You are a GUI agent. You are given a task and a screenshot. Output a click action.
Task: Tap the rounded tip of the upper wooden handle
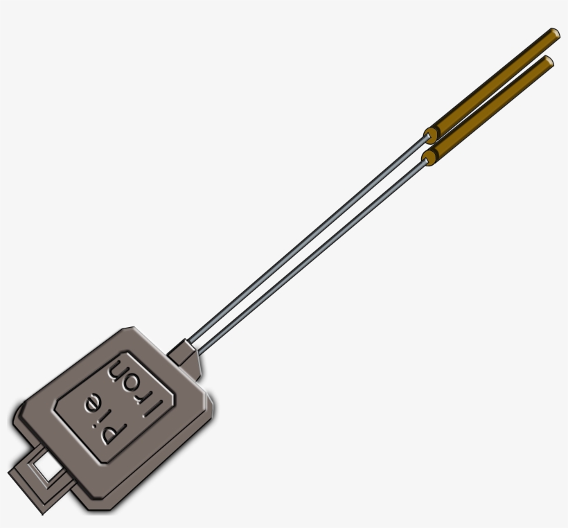coord(555,33)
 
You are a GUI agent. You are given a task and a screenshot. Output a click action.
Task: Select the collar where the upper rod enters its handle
coord(432,132)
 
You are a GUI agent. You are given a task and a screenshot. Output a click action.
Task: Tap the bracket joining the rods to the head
coord(188,355)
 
